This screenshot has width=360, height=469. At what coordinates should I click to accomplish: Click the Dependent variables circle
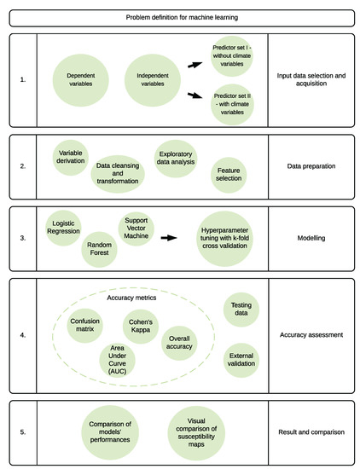[81, 80]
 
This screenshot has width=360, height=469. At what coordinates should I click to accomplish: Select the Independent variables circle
[153, 80]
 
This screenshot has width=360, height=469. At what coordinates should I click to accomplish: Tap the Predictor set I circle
[232, 56]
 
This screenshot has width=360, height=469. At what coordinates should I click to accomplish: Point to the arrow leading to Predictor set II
[195, 96]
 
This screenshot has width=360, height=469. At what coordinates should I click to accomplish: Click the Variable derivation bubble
[71, 158]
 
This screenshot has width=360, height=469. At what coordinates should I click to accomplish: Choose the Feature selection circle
[229, 175]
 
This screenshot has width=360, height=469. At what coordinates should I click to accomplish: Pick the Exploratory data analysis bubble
[176, 159]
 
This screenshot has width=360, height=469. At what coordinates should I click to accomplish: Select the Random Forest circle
[99, 249]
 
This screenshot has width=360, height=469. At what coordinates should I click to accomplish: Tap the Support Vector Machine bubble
[136, 229]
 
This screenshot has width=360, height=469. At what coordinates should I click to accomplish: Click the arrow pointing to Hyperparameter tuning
[169, 238]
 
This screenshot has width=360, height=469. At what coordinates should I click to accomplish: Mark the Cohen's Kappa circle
[141, 327]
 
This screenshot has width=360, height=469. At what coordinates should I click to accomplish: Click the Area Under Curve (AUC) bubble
[118, 360]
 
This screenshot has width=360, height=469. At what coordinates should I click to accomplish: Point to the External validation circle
[241, 360]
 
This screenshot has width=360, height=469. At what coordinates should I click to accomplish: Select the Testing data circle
[241, 310]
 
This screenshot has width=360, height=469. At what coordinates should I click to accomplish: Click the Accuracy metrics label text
[131, 298]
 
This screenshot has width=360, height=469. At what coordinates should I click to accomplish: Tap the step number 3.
[23, 238]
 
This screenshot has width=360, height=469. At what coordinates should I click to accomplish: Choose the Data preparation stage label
[311, 166]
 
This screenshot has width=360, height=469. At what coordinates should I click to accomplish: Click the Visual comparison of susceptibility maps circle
[196, 433]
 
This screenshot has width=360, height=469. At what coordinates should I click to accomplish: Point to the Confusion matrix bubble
[85, 326]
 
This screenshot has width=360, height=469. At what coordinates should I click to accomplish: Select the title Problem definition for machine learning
[182, 17]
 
